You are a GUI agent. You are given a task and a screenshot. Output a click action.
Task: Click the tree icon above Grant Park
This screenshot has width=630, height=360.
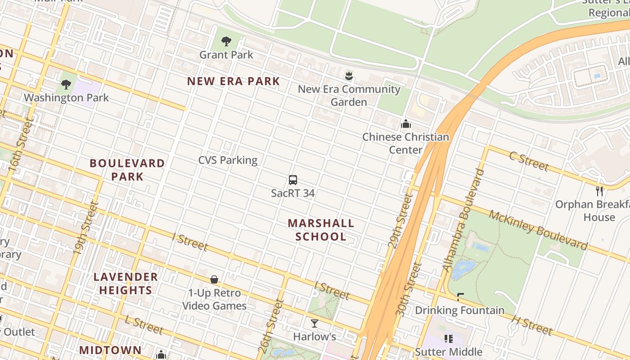(226, 42)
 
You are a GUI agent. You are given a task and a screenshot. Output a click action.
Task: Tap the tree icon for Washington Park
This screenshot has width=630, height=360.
(66, 84)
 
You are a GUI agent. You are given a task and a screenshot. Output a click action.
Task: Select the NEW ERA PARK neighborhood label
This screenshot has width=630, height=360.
(234, 81)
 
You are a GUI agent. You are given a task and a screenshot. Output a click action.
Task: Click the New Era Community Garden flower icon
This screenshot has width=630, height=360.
(349, 76)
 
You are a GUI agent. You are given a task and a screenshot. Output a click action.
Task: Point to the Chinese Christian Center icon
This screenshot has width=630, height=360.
(406, 124)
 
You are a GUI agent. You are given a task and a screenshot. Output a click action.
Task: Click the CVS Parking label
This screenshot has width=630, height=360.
(228, 160)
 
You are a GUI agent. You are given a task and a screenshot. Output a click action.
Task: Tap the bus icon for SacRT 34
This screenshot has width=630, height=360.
(293, 180)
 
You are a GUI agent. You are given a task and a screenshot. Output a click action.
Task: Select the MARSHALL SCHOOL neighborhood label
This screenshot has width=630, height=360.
(321, 230)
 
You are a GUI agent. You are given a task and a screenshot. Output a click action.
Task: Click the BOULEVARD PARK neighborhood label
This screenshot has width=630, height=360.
(127, 170)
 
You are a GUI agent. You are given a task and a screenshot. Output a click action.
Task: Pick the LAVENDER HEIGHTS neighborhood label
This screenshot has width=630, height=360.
(126, 283)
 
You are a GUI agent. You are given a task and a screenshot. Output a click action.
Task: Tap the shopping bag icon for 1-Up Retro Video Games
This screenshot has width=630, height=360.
(214, 280)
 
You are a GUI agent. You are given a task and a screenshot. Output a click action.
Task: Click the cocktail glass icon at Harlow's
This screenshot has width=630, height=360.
(314, 323)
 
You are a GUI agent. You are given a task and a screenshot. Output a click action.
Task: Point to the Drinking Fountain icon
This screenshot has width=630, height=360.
(460, 297)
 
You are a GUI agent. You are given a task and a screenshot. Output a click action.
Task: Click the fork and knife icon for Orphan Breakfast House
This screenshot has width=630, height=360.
(599, 191)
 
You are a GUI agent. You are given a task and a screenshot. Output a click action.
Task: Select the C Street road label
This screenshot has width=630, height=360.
(529, 162)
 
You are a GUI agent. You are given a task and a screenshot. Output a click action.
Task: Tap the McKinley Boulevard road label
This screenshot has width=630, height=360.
(538, 229)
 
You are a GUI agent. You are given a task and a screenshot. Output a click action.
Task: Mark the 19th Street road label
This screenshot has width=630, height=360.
(85, 228)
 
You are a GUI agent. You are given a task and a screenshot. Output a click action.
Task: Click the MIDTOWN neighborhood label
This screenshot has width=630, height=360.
(110, 350)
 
